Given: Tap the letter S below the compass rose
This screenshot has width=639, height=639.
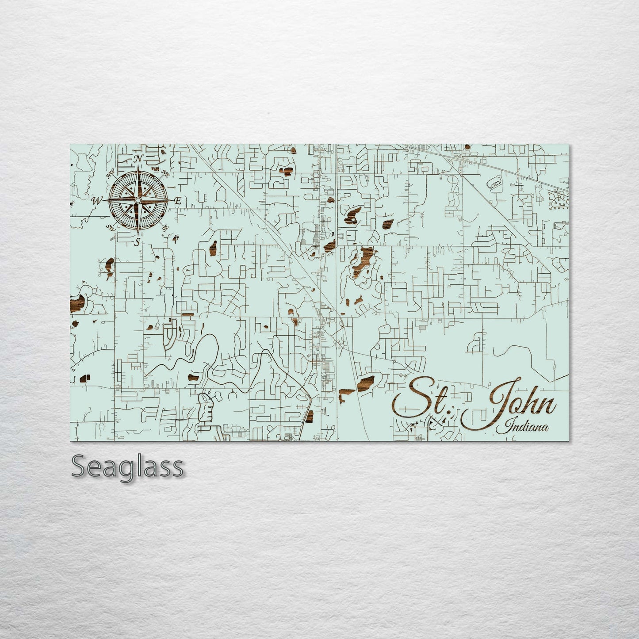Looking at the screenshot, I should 137,242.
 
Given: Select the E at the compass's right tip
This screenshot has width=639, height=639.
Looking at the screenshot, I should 178,201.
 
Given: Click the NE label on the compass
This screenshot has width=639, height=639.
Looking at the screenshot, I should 165,172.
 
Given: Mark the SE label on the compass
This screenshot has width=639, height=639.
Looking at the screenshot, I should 165,228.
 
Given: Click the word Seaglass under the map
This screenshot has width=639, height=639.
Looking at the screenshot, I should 127,466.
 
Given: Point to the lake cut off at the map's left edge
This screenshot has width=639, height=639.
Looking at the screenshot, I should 77,304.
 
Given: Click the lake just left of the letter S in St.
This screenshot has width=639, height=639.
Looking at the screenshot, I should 365,382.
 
